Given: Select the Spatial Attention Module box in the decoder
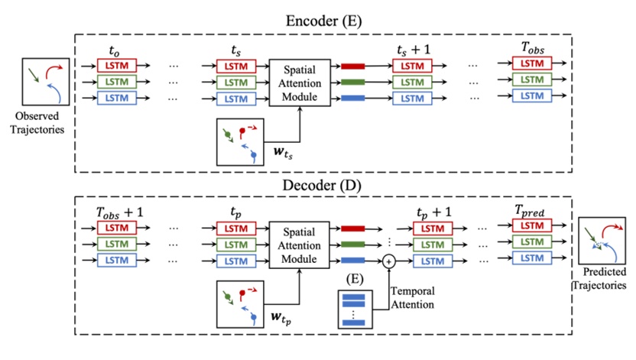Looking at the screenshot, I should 299,244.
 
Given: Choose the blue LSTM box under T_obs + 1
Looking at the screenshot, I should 115,260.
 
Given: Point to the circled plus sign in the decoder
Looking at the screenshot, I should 388,261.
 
